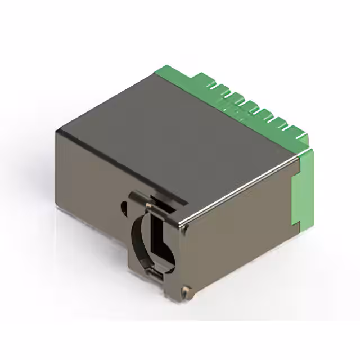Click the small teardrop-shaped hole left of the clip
point(123,206)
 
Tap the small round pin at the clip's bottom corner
point(186,290)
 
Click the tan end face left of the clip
point(90,180)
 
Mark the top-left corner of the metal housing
point(57,130)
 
